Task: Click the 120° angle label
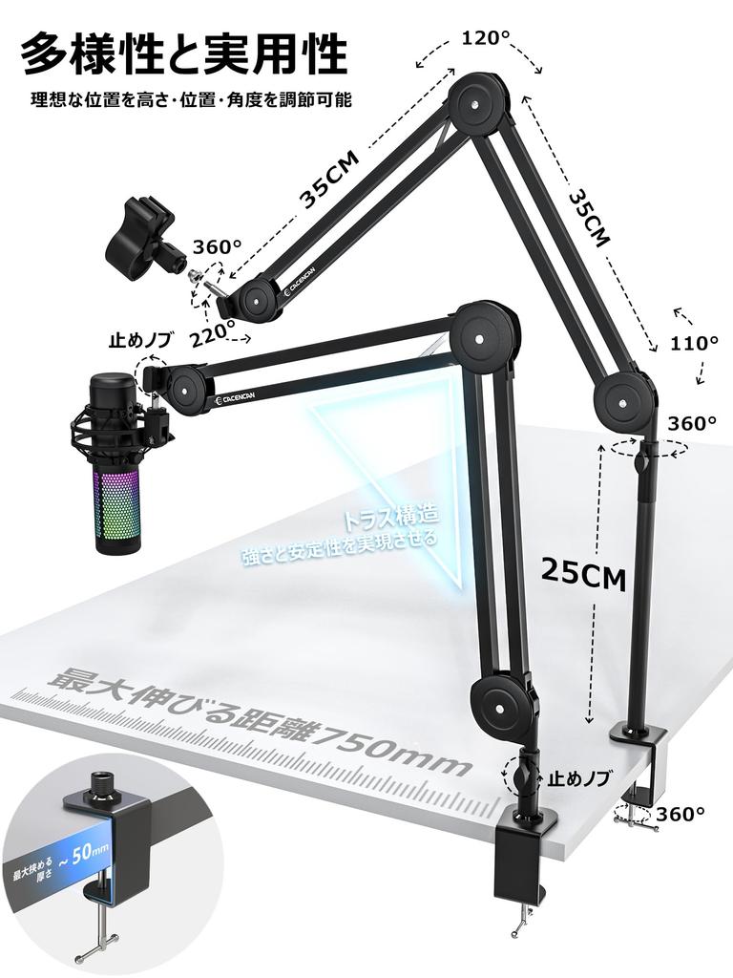pyautogui.click(x=486, y=38)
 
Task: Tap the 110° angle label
pyautogui.click(x=695, y=343)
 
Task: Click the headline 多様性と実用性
pyautogui.click(x=183, y=53)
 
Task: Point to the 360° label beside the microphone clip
pyautogui.click(x=219, y=246)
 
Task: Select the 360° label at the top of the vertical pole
pyautogui.click(x=693, y=423)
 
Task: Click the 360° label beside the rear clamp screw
pyautogui.click(x=681, y=814)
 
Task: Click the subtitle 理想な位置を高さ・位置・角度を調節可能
pyautogui.click(x=191, y=99)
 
